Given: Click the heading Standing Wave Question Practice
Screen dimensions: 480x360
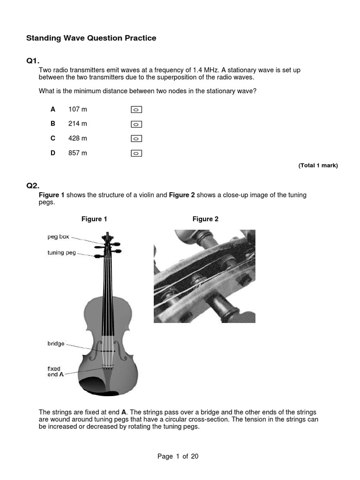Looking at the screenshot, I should [x=91, y=38].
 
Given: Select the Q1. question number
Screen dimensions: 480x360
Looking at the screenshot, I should [x=33, y=60].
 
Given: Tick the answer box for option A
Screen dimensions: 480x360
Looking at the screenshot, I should [x=136, y=110].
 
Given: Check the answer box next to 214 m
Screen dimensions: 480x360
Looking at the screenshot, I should [x=136, y=124].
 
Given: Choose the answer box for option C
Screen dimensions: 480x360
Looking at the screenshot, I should [x=136, y=139].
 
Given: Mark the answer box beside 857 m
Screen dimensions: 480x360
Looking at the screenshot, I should [x=136, y=153].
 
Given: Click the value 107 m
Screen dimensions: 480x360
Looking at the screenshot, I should [x=78, y=109].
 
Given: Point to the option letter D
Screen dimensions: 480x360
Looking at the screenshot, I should [x=53, y=153].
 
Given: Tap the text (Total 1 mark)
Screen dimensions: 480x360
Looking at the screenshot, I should [x=318, y=165].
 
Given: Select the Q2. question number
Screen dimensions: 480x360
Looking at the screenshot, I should [x=33, y=186].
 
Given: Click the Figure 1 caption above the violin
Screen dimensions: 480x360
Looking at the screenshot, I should [x=94, y=219].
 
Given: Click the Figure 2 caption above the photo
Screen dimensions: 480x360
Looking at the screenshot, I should [x=205, y=219].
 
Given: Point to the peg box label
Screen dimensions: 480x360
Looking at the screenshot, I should [x=58, y=237].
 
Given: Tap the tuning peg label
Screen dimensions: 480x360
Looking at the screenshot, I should [x=61, y=253].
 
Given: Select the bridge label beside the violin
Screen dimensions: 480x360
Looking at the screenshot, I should [x=56, y=344].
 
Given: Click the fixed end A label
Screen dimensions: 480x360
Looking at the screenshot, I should [x=55, y=372].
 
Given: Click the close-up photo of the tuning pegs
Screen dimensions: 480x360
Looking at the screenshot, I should [x=204, y=276].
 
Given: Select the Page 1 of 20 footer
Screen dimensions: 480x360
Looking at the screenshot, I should [x=178, y=456].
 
